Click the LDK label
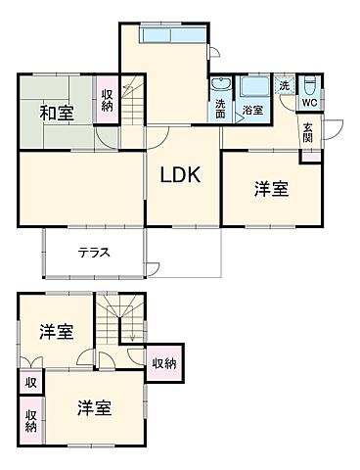click(181, 175)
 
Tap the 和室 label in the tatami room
click(56, 113)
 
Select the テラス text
click(94, 252)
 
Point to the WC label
click(308, 102)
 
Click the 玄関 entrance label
click(308, 130)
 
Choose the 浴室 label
click(253, 111)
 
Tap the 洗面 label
click(221, 108)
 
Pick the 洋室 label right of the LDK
click(272, 190)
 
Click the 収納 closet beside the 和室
click(107, 100)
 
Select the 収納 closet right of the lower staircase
click(164, 364)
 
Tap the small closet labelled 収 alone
click(31, 383)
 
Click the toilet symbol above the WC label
click(309, 84)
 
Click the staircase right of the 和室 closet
click(131, 100)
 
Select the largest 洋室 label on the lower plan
click(95, 408)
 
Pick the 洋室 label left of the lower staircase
click(56, 331)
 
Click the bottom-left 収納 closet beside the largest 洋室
click(31, 419)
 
